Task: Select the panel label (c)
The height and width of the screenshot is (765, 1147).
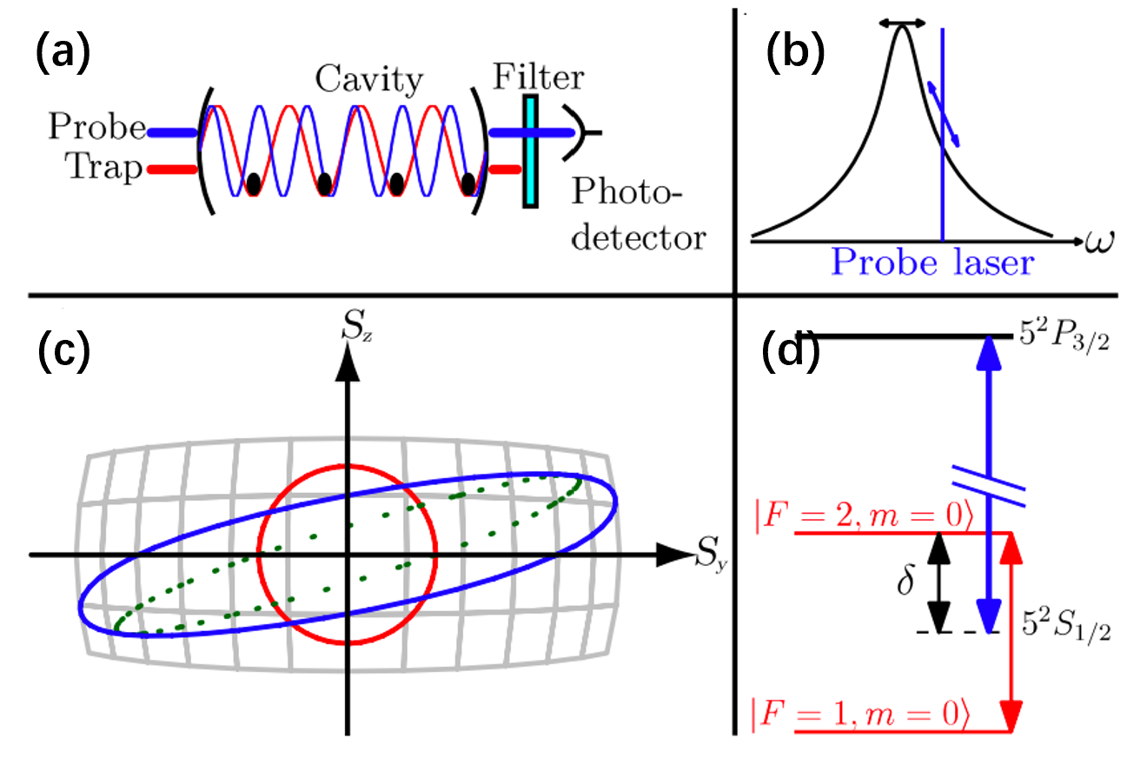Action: point(63,351)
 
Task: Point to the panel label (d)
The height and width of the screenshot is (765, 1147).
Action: point(788,351)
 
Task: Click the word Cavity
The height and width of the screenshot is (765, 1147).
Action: point(369,81)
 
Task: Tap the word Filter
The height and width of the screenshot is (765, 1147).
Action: point(538,77)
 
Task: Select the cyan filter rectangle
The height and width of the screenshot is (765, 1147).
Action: point(529,151)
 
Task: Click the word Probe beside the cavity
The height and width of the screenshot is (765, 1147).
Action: point(96,128)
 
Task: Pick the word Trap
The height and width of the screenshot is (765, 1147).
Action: point(107,168)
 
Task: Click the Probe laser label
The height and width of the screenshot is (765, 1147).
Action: point(932,262)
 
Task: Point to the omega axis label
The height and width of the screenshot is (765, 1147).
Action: point(1099,237)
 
